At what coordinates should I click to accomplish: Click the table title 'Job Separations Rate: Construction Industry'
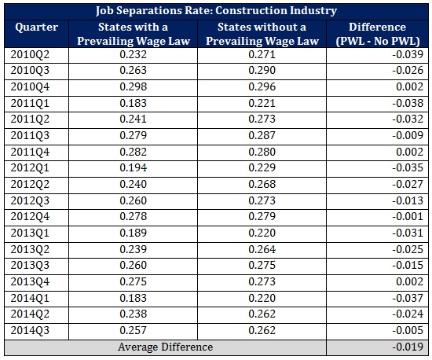(216, 11)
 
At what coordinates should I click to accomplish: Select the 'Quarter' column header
(36, 26)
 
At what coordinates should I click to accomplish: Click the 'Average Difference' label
(165, 347)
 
